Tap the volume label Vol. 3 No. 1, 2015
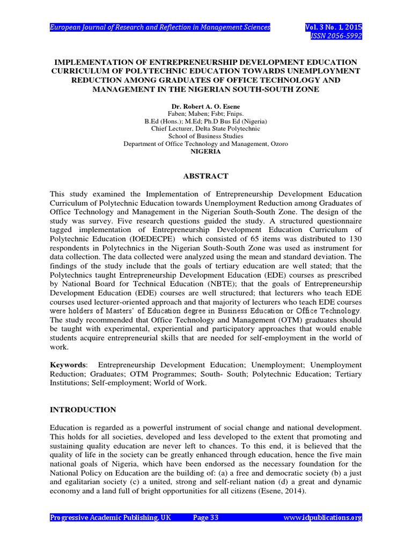click(334, 27)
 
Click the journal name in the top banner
click(160, 27)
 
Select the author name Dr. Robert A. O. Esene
click(206, 107)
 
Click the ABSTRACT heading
click(206, 176)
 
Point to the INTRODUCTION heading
click(83, 410)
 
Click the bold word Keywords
click(67, 365)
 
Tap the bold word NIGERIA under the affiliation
click(206, 152)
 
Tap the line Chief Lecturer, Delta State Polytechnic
click(206, 129)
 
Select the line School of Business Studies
click(206, 137)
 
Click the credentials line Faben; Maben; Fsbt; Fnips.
click(206, 114)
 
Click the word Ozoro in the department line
click(277, 144)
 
